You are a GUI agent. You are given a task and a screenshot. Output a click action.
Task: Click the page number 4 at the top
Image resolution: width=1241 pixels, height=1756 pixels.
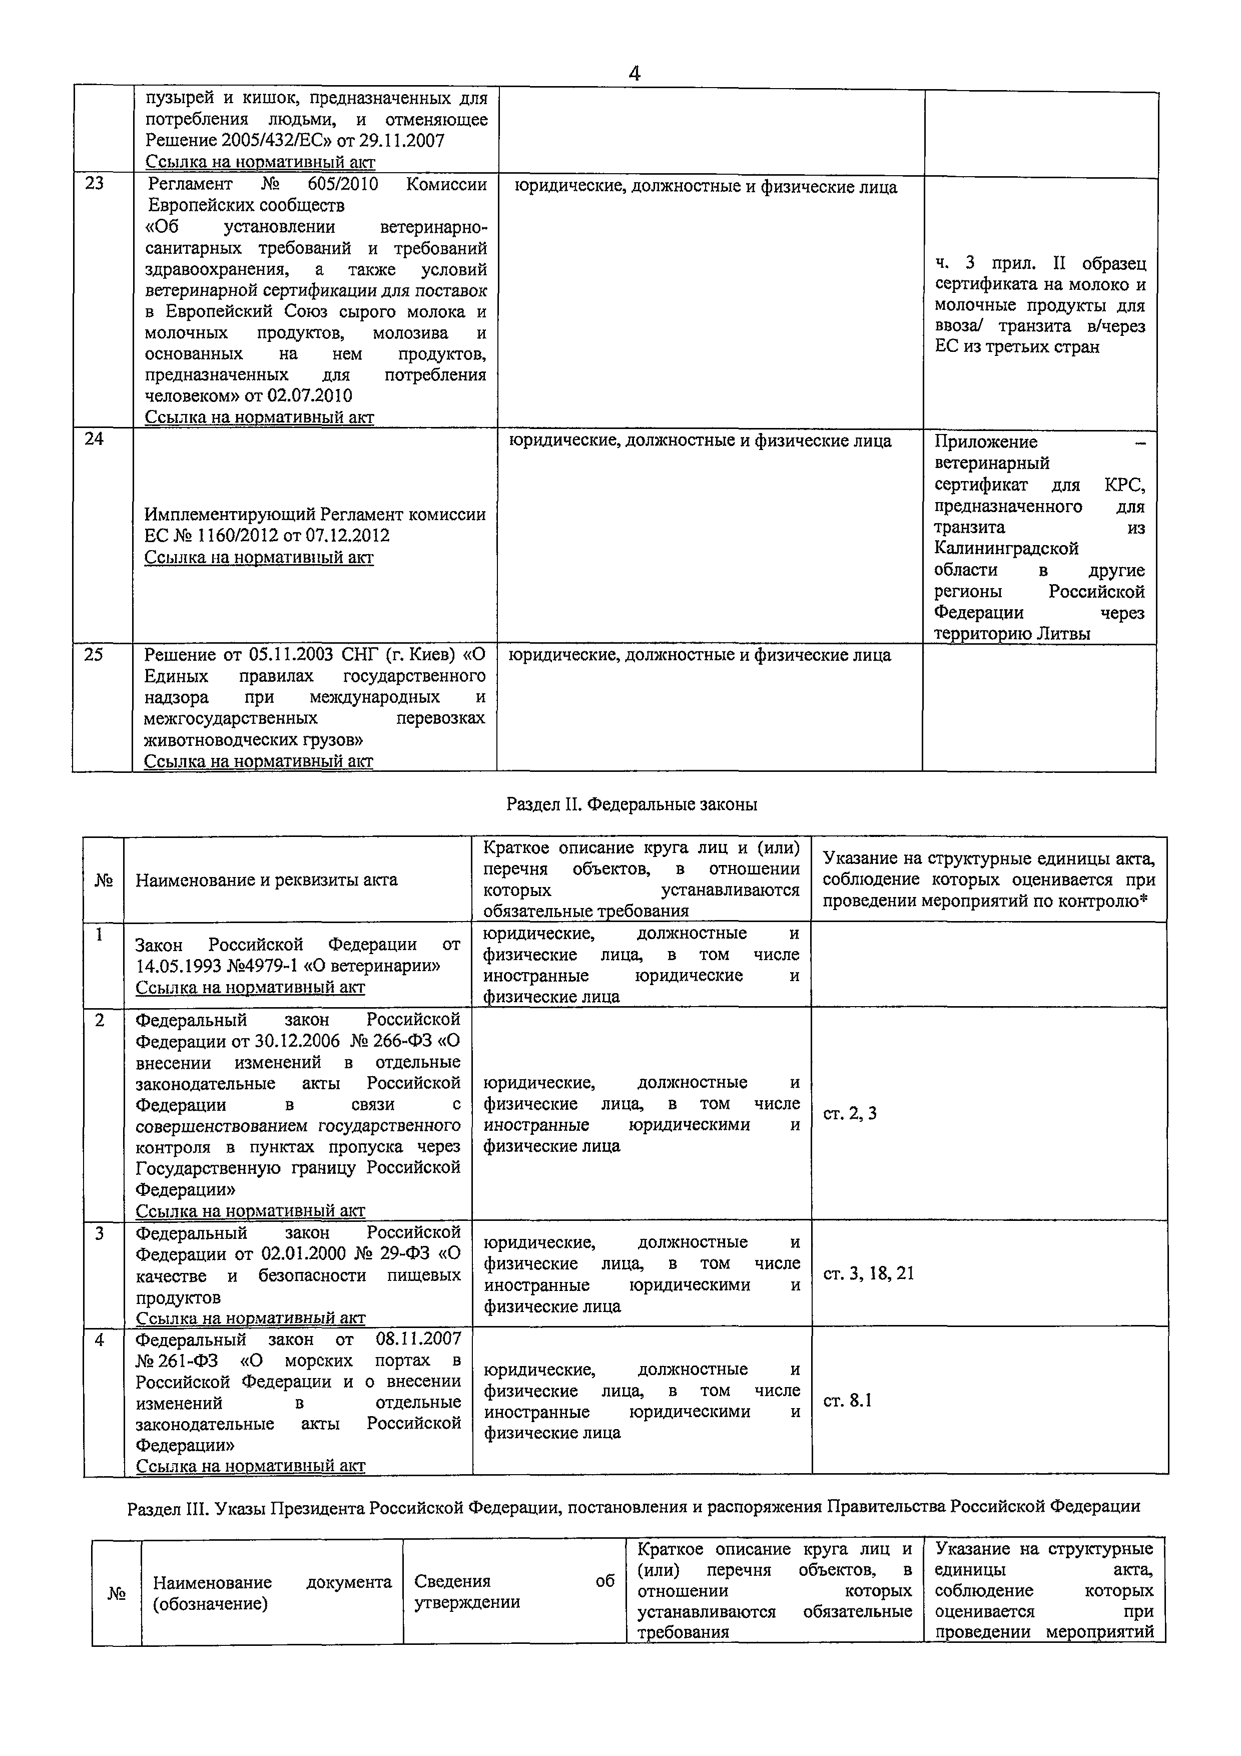634,74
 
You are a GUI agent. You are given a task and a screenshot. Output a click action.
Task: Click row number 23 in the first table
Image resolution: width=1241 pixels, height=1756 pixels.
94,184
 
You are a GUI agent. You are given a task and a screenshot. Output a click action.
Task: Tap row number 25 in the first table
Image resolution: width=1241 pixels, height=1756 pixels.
93,655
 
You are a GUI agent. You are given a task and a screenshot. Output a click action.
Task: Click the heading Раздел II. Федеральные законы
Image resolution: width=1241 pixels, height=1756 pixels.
632,804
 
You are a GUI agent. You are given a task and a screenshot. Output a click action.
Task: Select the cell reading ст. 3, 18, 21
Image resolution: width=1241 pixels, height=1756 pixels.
868,1273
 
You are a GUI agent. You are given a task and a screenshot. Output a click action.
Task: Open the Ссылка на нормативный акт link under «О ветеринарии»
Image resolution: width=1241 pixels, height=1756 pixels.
250,987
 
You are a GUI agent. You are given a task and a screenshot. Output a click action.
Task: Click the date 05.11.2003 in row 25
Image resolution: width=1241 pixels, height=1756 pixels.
291,655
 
